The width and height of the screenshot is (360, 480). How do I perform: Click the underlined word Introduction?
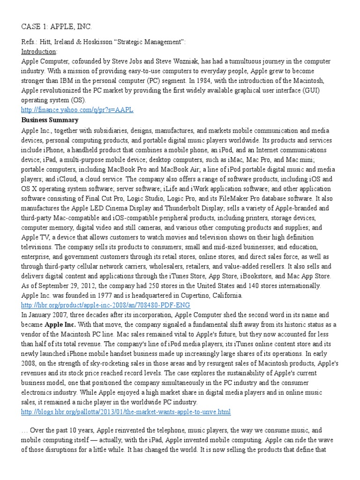38,52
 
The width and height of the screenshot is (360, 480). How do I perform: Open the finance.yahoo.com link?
77,110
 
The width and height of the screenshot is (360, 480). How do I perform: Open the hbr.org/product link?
106,305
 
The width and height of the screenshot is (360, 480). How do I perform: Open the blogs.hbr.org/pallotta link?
126,412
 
